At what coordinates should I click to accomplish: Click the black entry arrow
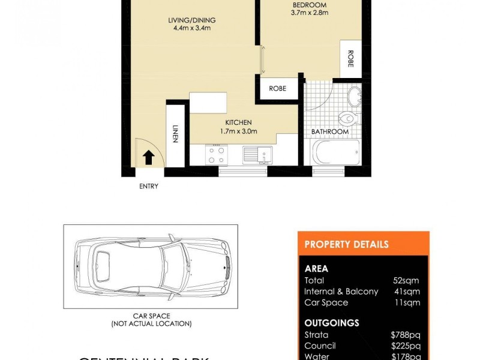[148, 157]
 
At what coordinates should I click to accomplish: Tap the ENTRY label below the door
[149, 187]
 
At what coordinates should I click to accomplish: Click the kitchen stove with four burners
[216, 155]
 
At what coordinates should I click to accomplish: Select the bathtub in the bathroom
[337, 153]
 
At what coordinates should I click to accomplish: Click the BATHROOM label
[329, 132]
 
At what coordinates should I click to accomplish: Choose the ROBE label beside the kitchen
[277, 89]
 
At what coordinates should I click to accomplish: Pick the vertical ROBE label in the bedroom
[350, 59]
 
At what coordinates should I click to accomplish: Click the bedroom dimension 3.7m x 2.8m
[310, 13]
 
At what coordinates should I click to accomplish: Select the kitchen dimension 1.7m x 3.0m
[239, 132]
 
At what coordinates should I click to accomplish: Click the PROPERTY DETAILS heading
[346, 244]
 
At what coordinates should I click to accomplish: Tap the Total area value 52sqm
[406, 280]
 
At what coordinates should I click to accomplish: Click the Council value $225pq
[406, 346]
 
